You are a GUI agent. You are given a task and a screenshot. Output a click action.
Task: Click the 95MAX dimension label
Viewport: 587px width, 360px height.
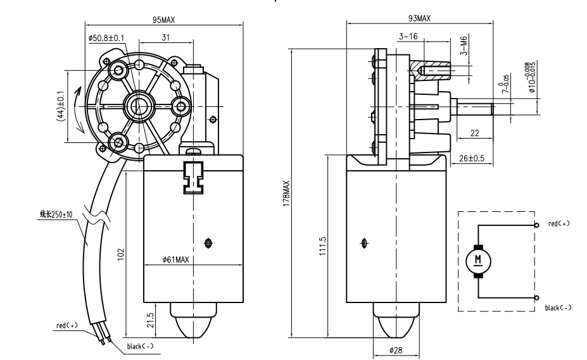(x=164, y=20)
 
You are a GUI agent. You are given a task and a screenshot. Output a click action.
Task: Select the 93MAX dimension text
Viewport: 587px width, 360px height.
(x=419, y=19)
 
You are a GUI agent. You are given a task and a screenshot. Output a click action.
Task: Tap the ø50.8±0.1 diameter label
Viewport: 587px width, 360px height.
(x=106, y=38)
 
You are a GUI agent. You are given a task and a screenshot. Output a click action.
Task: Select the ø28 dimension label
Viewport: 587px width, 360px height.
(x=395, y=350)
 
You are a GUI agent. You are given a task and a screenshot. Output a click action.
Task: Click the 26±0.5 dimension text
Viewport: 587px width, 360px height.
(x=471, y=158)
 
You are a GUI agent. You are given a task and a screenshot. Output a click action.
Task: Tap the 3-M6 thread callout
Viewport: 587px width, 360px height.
(x=464, y=47)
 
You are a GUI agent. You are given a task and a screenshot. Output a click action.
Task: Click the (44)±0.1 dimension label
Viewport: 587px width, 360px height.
(x=60, y=106)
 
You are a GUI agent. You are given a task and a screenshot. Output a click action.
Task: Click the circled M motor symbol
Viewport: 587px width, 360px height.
(x=478, y=259)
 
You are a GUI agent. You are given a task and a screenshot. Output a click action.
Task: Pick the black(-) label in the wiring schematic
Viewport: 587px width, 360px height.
(x=558, y=307)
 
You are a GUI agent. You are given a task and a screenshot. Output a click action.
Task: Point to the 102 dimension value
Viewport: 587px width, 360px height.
(x=120, y=254)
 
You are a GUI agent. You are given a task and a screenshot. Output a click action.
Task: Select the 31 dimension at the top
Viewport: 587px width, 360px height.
(x=165, y=38)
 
